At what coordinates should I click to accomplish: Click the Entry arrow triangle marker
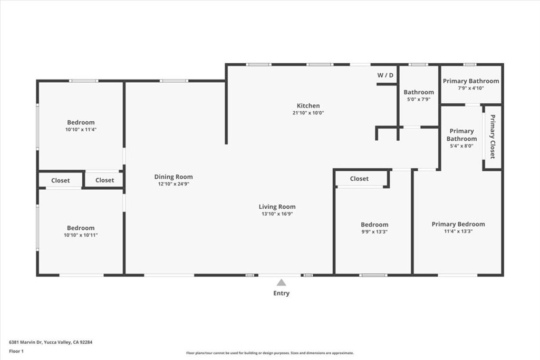[282, 283]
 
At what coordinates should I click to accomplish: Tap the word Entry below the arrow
[282, 293]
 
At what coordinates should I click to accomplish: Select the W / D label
[385, 75]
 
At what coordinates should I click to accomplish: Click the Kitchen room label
[308, 106]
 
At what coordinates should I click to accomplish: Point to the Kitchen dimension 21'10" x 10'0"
[308, 113]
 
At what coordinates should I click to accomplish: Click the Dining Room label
[173, 177]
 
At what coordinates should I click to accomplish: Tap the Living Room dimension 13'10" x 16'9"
[277, 214]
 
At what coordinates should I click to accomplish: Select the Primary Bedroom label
[458, 224]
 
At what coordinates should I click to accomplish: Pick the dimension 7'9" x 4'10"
[470, 88]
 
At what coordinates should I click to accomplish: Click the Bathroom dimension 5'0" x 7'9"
[419, 99]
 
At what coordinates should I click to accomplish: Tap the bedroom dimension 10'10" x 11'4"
[81, 130]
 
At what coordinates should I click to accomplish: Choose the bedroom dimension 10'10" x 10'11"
[81, 235]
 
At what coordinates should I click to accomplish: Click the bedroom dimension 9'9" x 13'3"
[374, 231]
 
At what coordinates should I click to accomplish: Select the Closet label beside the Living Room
[359, 179]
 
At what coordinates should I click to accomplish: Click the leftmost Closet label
[60, 180]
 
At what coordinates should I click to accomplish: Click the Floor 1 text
[16, 351]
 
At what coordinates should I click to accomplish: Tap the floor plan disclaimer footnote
[269, 353]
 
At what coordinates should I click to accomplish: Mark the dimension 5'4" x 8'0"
[461, 146]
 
